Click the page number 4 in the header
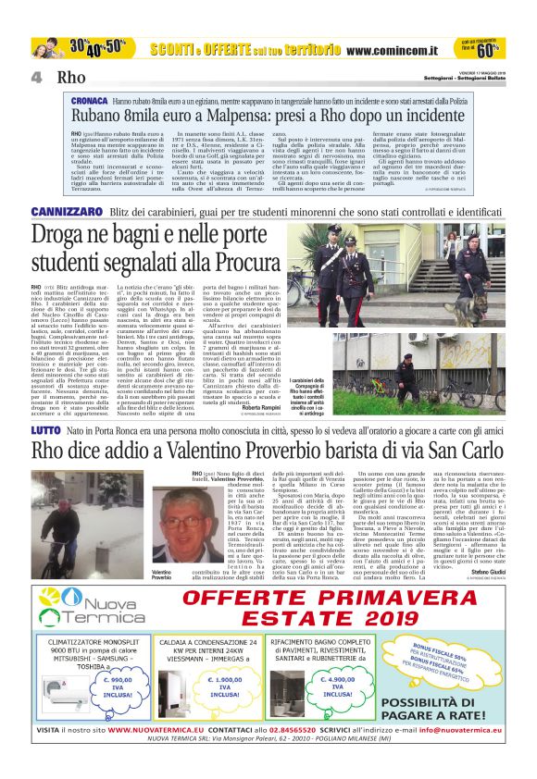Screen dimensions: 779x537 click(x=37, y=77)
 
